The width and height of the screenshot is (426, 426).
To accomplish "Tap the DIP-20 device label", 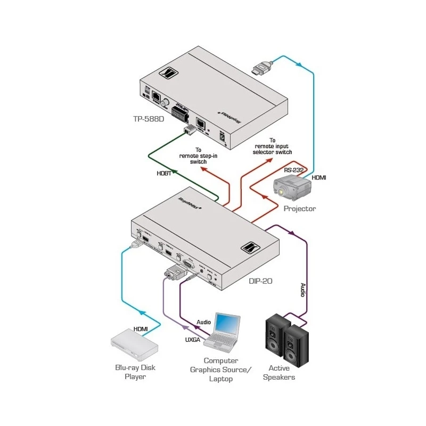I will click(x=260, y=281).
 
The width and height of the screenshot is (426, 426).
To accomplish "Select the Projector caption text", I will click(x=299, y=209).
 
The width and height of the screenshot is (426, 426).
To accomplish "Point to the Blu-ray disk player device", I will click(x=134, y=346).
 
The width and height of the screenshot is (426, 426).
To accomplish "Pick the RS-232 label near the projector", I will click(x=293, y=170).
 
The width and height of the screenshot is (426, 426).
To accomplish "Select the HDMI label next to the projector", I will click(x=319, y=177).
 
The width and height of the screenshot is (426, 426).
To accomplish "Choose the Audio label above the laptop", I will click(x=203, y=322).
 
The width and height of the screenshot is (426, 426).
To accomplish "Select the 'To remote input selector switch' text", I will click(x=274, y=146).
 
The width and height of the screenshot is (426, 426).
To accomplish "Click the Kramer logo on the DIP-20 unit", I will click(x=249, y=249).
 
